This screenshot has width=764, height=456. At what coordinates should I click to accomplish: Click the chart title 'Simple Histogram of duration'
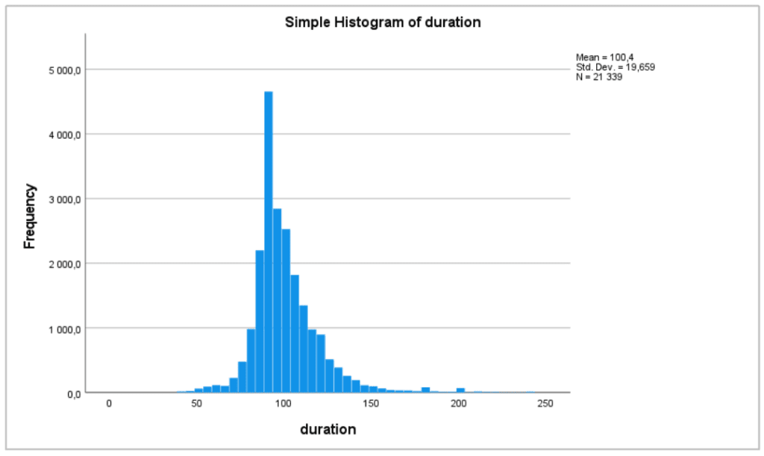tap(383, 22)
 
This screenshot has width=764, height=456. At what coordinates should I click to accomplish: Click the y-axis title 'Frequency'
tap(30, 216)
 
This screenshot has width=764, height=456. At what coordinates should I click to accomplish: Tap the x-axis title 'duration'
tap(328, 430)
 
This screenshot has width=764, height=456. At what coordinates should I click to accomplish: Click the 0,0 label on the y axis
tap(72, 393)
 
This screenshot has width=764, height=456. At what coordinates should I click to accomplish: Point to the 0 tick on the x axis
tap(109, 404)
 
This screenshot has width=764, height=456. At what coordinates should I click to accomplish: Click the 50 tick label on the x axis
tap(196, 404)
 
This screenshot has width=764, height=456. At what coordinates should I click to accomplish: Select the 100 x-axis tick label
tap(284, 404)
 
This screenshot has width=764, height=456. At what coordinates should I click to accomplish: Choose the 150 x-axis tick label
tap(371, 404)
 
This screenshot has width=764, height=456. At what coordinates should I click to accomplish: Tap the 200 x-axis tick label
tap(458, 404)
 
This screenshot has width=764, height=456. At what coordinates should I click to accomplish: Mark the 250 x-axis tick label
tap(545, 404)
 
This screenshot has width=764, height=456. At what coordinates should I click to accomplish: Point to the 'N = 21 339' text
tap(599, 77)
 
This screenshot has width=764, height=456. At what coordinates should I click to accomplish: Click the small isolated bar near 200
tap(461, 390)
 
